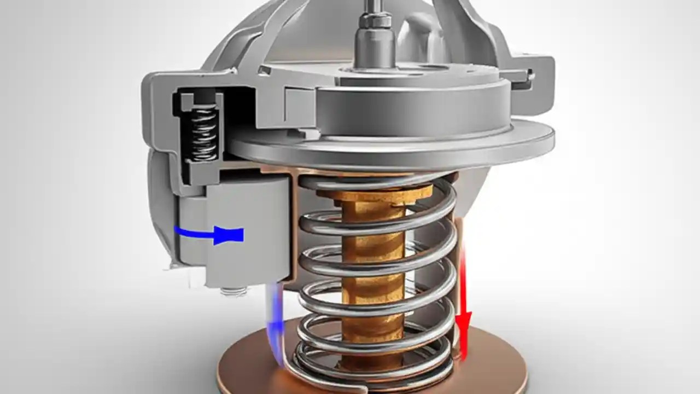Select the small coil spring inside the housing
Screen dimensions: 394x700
click(202, 134)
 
